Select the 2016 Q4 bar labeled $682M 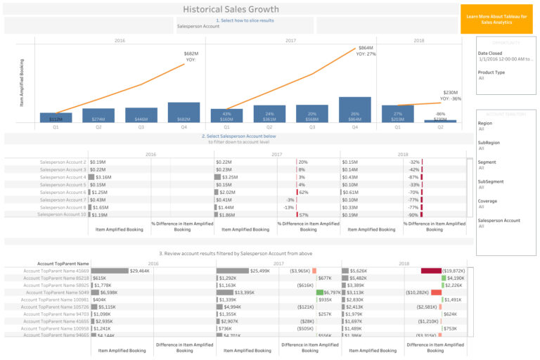[183, 112]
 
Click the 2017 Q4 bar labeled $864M [354, 110]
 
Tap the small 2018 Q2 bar [440, 121]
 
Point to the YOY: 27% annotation [366, 53]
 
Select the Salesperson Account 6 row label [63, 192]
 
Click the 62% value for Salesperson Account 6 [304, 192]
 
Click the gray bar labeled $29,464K [109, 270]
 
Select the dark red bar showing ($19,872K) [430, 270]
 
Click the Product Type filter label [491, 72]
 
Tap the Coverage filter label [488, 201]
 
